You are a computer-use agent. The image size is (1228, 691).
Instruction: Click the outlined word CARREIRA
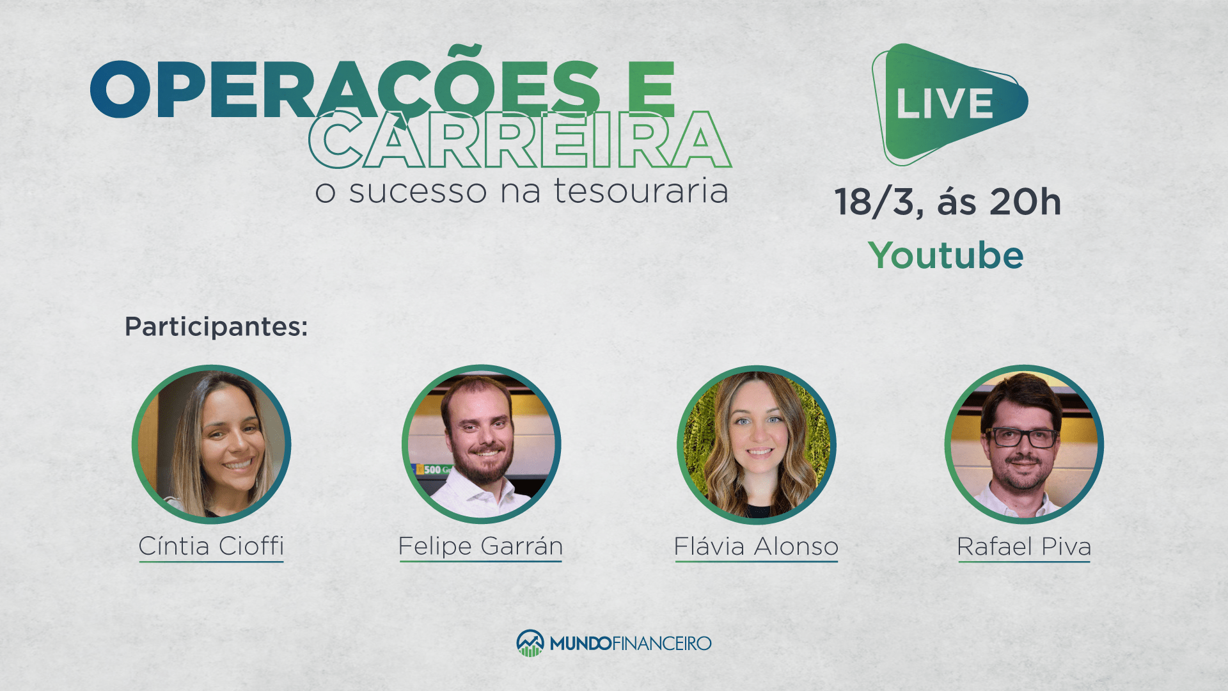[x=520, y=139]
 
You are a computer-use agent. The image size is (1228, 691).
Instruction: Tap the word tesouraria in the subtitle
[x=641, y=191]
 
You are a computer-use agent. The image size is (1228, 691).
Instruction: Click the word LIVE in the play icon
[x=945, y=103]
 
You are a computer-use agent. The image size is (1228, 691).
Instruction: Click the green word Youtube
[x=946, y=255]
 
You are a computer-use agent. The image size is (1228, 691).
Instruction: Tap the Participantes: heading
[x=216, y=327]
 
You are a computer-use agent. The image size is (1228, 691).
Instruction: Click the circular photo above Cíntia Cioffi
[x=212, y=444]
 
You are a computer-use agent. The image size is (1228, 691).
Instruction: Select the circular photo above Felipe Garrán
[x=482, y=444]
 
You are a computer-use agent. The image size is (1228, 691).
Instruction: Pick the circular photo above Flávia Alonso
[x=757, y=444]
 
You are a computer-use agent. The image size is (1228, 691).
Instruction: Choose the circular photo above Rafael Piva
[x=1025, y=444]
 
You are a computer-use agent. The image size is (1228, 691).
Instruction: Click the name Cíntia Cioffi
[x=211, y=546]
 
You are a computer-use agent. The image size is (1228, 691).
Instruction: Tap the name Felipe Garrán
[x=481, y=546]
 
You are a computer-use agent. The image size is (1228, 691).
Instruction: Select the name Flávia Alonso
[x=756, y=547]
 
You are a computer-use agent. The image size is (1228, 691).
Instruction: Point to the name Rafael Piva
[x=1024, y=547]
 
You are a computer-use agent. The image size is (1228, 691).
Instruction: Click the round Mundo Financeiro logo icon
[x=530, y=643]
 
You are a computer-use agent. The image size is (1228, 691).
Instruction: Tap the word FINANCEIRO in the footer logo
[x=662, y=643]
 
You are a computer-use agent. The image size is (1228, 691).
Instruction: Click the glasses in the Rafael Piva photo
[x=1022, y=438]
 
